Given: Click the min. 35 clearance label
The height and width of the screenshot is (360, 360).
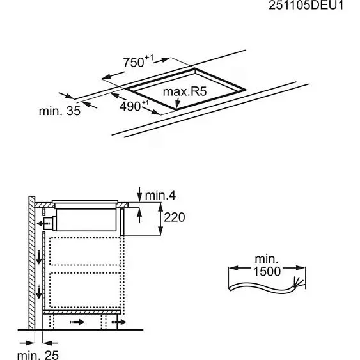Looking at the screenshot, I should point(59,111).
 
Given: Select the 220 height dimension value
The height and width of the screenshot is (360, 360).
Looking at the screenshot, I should point(174,217).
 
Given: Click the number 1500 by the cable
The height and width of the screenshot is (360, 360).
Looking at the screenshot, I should point(265,271).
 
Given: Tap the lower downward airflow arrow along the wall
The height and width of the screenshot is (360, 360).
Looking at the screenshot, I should point(39,292).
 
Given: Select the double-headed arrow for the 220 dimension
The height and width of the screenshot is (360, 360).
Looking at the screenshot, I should point(158,218).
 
